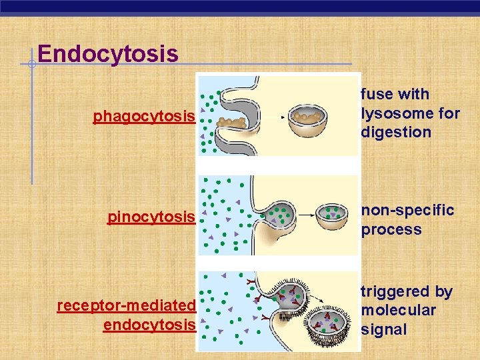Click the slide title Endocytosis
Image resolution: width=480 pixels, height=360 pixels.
click(x=108, y=53)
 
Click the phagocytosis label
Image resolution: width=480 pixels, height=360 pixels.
click(x=144, y=117)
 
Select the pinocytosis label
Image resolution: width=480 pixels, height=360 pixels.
click(x=151, y=217)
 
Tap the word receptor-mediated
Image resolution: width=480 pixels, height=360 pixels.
click(x=126, y=305)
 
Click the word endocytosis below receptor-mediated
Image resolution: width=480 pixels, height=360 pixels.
click(x=149, y=325)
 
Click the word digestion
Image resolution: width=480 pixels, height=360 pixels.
click(x=396, y=131)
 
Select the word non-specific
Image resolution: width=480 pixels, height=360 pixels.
click(x=407, y=211)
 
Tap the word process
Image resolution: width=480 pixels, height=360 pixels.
click(x=391, y=230)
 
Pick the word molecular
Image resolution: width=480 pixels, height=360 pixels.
click(x=398, y=310)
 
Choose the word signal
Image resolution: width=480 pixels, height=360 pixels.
click(x=383, y=329)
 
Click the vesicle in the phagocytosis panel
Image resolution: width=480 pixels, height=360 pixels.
click(x=307, y=121)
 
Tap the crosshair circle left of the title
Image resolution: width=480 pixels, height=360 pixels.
click(x=31, y=64)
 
